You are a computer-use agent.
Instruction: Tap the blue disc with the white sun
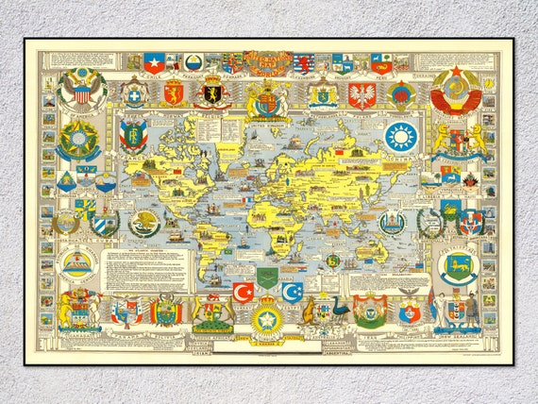(x=400, y=136)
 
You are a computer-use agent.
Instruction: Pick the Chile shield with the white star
(x=154, y=63)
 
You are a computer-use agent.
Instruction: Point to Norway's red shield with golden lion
(x=173, y=93)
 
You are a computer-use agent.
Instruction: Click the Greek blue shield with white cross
(x=133, y=94)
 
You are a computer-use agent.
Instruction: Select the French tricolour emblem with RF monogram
(x=133, y=135)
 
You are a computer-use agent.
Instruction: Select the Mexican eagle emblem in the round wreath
(x=145, y=224)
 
